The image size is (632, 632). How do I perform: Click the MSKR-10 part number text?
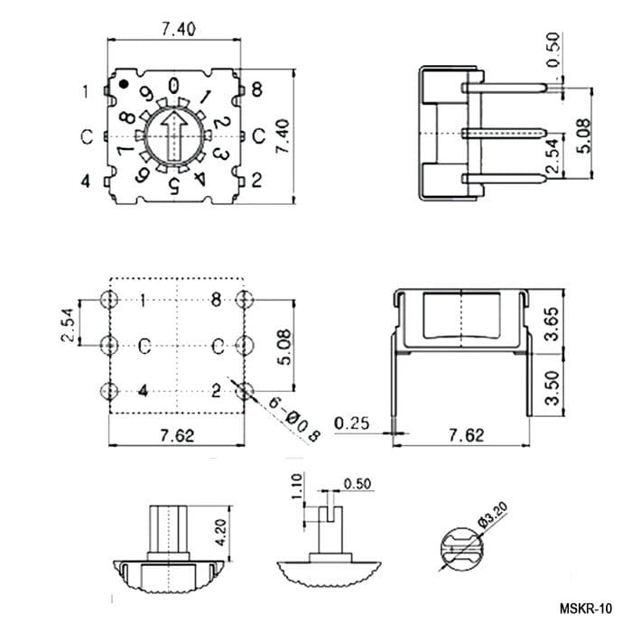click(x=586, y=609)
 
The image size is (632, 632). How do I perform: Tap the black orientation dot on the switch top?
click(x=124, y=84)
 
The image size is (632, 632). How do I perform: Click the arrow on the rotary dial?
click(x=173, y=136)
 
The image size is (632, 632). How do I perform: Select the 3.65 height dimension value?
click(x=552, y=323)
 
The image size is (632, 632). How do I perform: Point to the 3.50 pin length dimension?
click(x=552, y=387)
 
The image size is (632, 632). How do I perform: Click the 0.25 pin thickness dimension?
click(x=351, y=423)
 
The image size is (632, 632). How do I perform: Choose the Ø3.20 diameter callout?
click(x=493, y=515)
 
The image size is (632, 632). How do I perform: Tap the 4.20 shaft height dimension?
click(x=221, y=532)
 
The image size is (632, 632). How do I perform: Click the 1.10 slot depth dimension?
click(x=296, y=486)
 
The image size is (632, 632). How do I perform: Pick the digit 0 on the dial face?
click(x=173, y=86)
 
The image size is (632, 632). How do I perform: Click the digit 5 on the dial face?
click(x=174, y=185)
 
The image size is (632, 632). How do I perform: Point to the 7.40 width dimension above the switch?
click(x=179, y=30)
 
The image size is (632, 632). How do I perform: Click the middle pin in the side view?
click(x=504, y=133)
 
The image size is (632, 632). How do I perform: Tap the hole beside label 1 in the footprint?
click(x=109, y=300)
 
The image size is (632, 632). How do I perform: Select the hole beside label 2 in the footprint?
click(x=245, y=391)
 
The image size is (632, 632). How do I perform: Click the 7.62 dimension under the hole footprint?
click(x=177, y=435)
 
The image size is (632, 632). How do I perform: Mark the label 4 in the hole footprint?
click(x=143, y=391)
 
